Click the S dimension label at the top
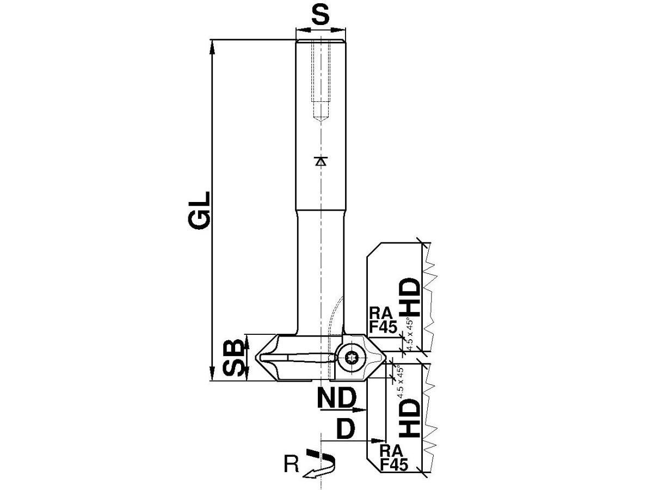pos(321,15)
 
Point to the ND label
pos(336,398)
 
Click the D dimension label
pos(346,430)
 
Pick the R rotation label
pos(291,464)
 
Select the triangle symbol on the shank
pos(321,161)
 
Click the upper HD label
pos(410,297)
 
